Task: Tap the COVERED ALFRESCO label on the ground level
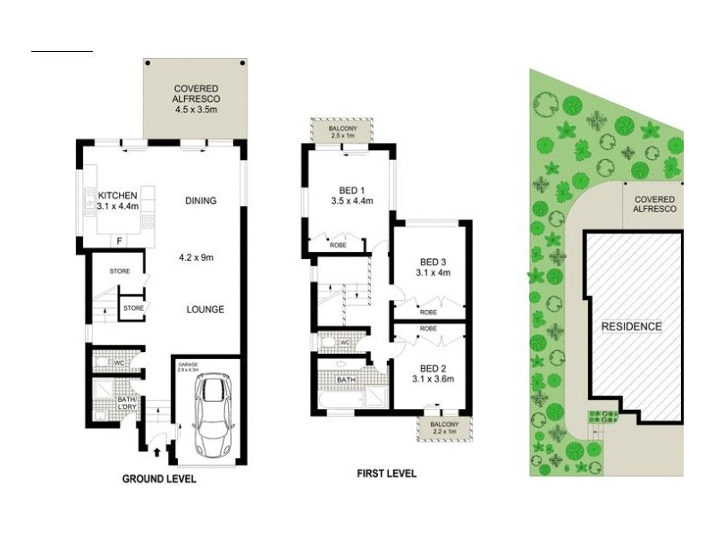pyautogui.click(x=197, y=95)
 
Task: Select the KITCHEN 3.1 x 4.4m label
pyautogui.click(x=118, y=201)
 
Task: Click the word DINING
pyautogui.click(x=200, y=201)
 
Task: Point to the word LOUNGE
pyautogui.click(x=205, y=309)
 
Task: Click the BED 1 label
pyautogui.click(x=351, y=196)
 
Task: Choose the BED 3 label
pyautogui.click(x=433, y=267)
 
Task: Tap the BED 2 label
pyautogui.click(x=433, y=373)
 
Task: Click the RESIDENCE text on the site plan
pyautogui.click(x=631, y=326)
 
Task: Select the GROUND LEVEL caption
pyautogui.click(x=158, y=479)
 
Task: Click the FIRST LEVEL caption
pyautogui.click(x=385, y=473)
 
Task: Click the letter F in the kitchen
pyautogui.click(x=118, y=239)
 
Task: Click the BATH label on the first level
pyautogui.click(x=345, y=380)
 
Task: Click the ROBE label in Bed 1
pyautogui.click(x=338, y=243)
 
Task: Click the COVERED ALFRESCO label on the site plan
pyautogui.click(x=654, y=204)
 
